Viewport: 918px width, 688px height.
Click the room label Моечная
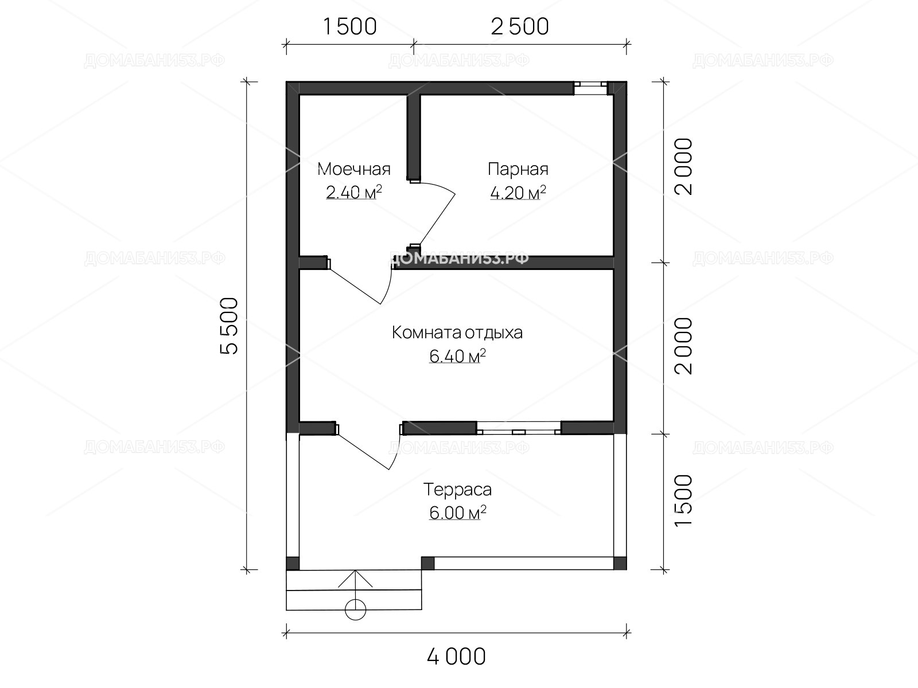(x=354, y=169)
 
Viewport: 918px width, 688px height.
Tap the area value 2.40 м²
(x=354, y=192)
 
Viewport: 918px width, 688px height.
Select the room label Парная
(x=518, y=169)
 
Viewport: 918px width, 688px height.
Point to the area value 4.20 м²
(x=518, y=193)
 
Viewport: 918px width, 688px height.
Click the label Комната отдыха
(x=457, y=333)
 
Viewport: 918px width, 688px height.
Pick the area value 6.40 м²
(x=457, y=356)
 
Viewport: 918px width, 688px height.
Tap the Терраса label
(x=457, y=490)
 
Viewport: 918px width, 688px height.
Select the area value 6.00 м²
(x=457, y=513)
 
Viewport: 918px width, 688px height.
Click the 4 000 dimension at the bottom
(x=456, y=656)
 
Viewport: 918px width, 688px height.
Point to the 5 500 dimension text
(x=229, y=326)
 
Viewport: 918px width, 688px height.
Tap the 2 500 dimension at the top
(x=520, y=27)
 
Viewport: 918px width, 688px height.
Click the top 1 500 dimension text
(x=350, y=27)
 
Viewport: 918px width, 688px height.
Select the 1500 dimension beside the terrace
(x=683, y=501)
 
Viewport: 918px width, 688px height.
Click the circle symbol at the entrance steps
(x=355, y=610)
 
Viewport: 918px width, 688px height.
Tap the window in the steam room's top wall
(x=590, y=88)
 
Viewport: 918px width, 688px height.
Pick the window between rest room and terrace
(x=519, y=428)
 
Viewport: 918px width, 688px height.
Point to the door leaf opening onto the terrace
(x=363, y=452)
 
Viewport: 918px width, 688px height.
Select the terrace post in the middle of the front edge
(x=427, y=563)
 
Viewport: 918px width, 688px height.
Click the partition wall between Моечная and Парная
(x=414, y=138)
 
